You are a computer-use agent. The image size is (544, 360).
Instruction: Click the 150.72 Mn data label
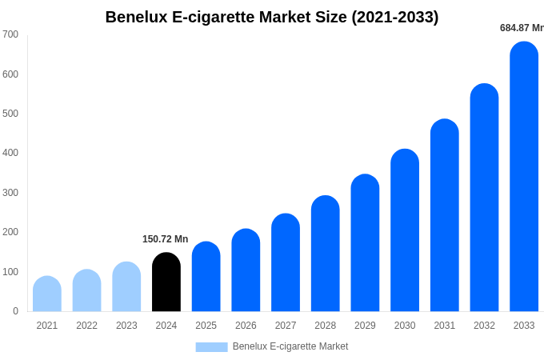point(166,239)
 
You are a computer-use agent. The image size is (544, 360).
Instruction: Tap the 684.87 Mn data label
point(521,28)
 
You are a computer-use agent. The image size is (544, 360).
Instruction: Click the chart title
point(272,17)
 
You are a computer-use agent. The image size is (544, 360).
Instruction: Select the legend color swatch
point(211,347)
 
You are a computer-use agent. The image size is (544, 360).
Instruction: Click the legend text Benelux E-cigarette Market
point(290,346)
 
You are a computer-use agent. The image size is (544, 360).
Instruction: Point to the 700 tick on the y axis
point(10,34)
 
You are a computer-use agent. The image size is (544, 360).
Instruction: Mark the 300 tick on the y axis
point(10,193)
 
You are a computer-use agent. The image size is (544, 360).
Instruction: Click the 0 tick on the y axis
point(15,311)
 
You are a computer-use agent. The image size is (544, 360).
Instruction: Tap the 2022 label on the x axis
point(87,326)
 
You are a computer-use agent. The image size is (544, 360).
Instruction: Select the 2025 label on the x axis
point(206,326)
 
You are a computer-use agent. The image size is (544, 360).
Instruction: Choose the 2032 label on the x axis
point(484,326)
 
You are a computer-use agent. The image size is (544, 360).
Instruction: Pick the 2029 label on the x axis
point(365,326)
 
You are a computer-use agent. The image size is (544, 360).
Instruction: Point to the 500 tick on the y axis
point(10,114)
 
